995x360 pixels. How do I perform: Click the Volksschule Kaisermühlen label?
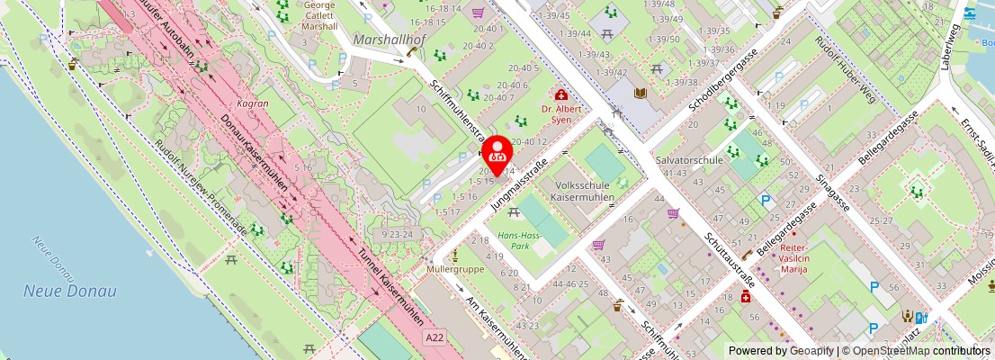coord(582,191)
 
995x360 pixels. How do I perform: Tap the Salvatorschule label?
coord(690,159)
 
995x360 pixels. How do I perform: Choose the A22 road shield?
coord(435,336)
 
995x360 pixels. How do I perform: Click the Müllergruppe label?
coord(456,269)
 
